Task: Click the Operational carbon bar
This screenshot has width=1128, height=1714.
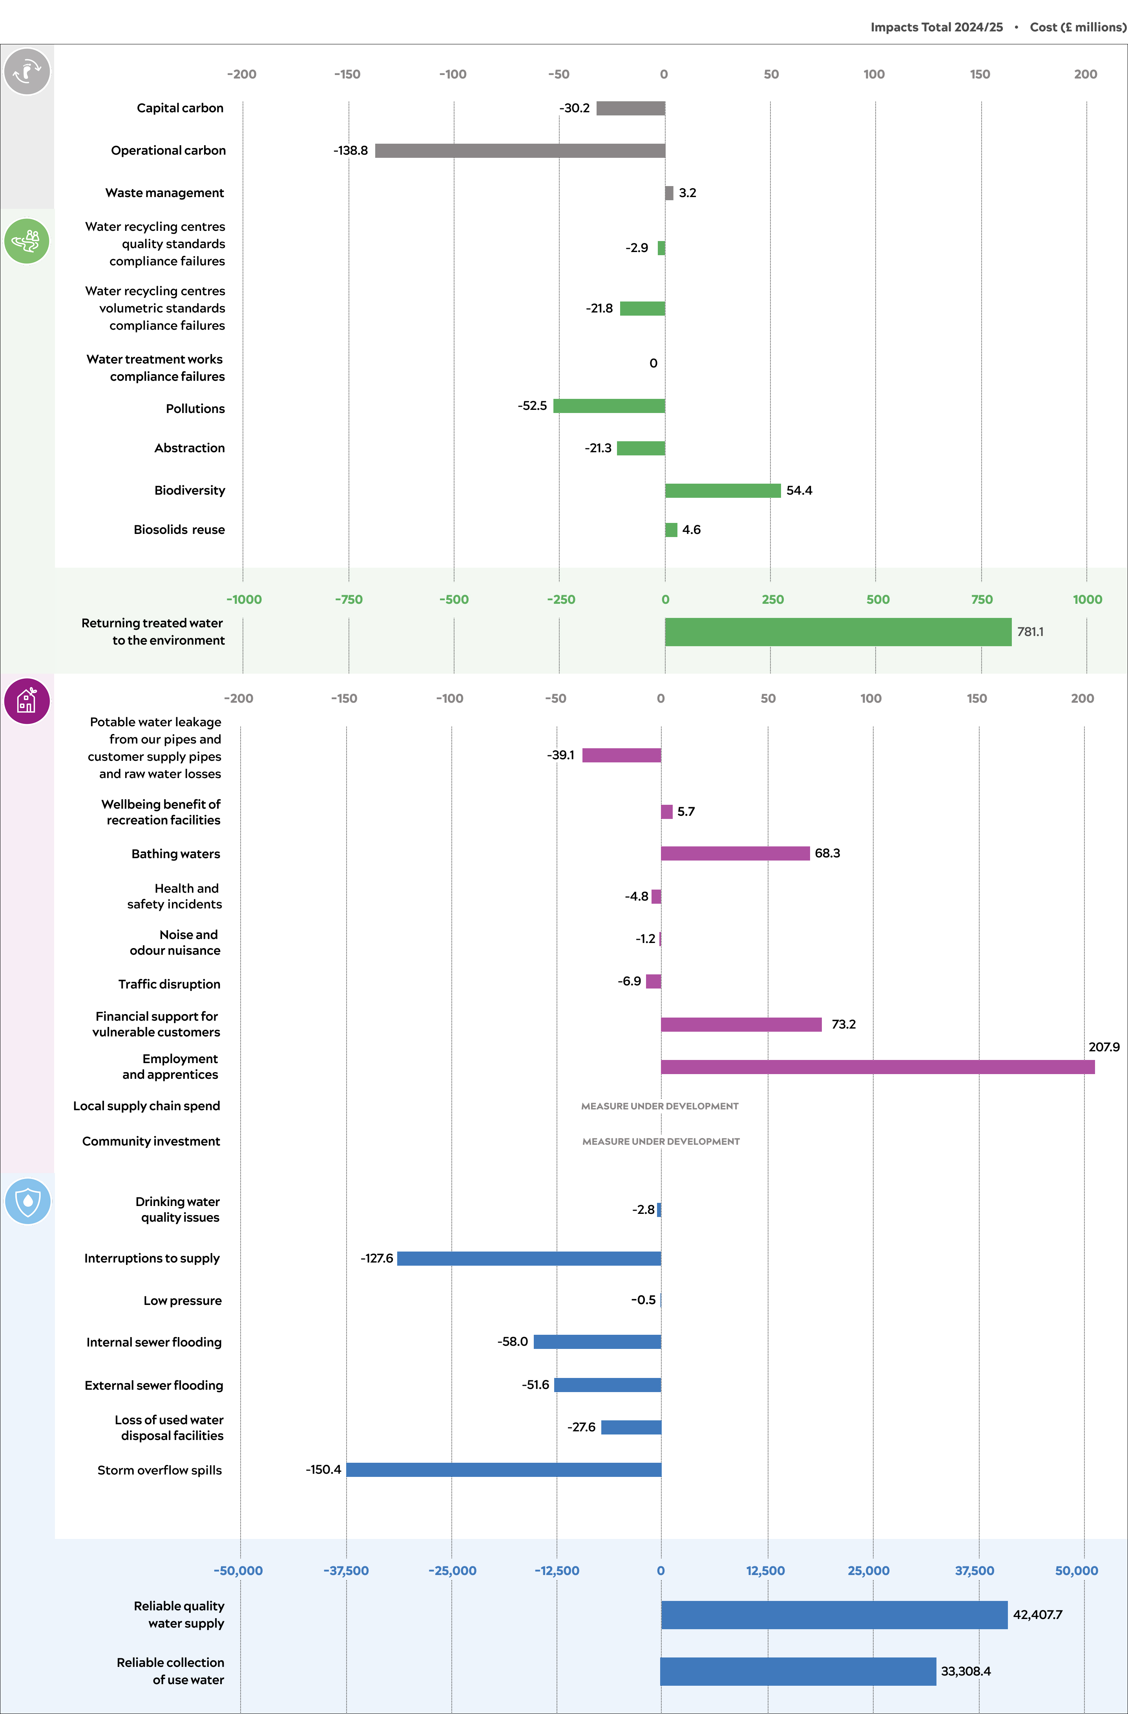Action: click(x=520, y=150)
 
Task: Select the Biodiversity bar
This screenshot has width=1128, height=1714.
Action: click(x=723, y=490)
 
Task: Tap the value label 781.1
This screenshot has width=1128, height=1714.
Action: click(x=1029, y=632)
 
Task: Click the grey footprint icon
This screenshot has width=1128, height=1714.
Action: click(x=27, y=71)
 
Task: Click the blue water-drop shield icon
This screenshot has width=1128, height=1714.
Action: click(x=27, y=1201)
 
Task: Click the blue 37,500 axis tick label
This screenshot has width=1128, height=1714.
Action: click(x=974, y=1571)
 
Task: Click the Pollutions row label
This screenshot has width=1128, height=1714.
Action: click(x=195, y=408)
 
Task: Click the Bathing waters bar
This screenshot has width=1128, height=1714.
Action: click(x=735, y=853)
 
